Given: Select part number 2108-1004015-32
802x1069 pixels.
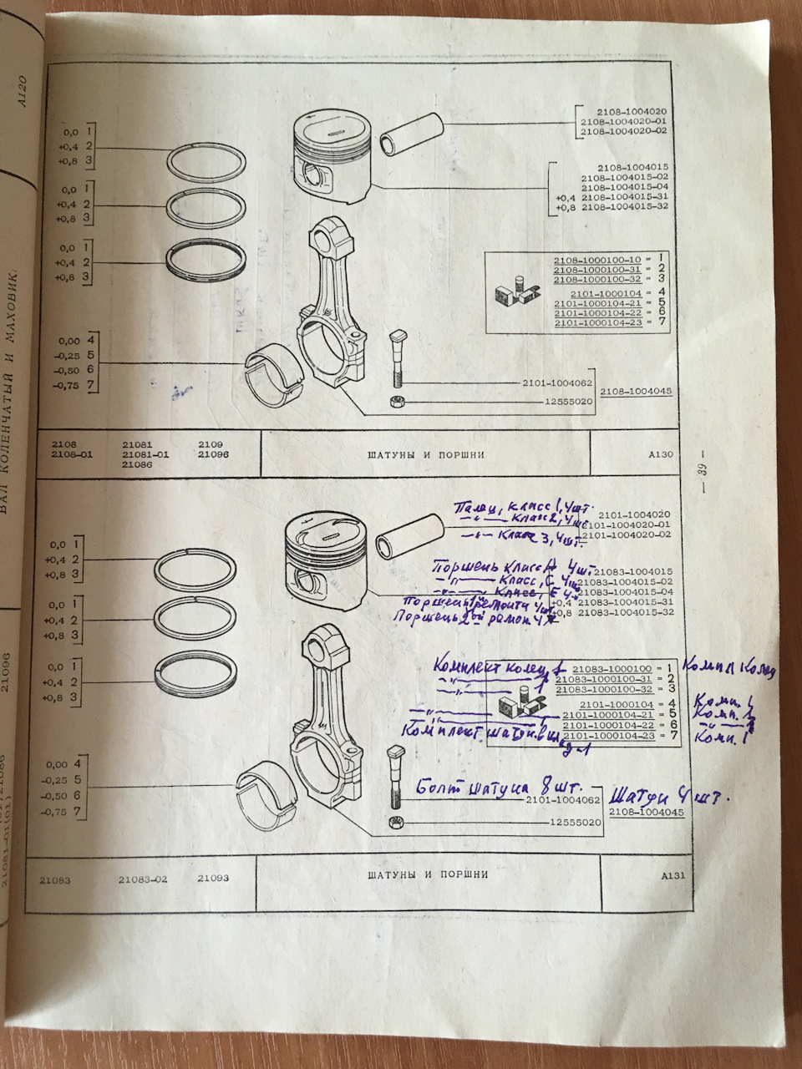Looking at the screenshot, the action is tap(625, 207).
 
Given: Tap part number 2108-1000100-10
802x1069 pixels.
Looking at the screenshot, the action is tap(592, 261).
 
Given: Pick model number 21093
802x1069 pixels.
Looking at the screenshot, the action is tap(213, 879).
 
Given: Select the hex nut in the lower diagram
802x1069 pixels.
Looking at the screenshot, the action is tap(394, 823).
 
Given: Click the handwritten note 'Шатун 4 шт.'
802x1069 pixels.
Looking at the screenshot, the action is tap(670, 796).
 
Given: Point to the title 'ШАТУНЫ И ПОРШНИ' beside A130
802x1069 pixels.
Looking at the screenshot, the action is tap(425, 455).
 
